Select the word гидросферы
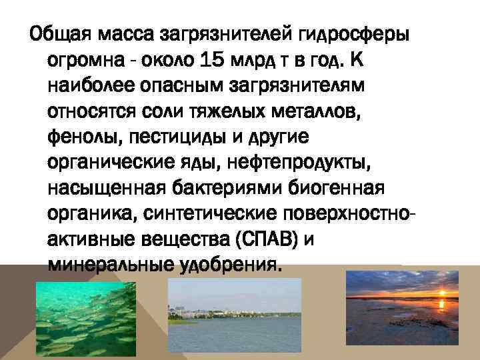point(354,33)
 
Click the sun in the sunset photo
point(442,291)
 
